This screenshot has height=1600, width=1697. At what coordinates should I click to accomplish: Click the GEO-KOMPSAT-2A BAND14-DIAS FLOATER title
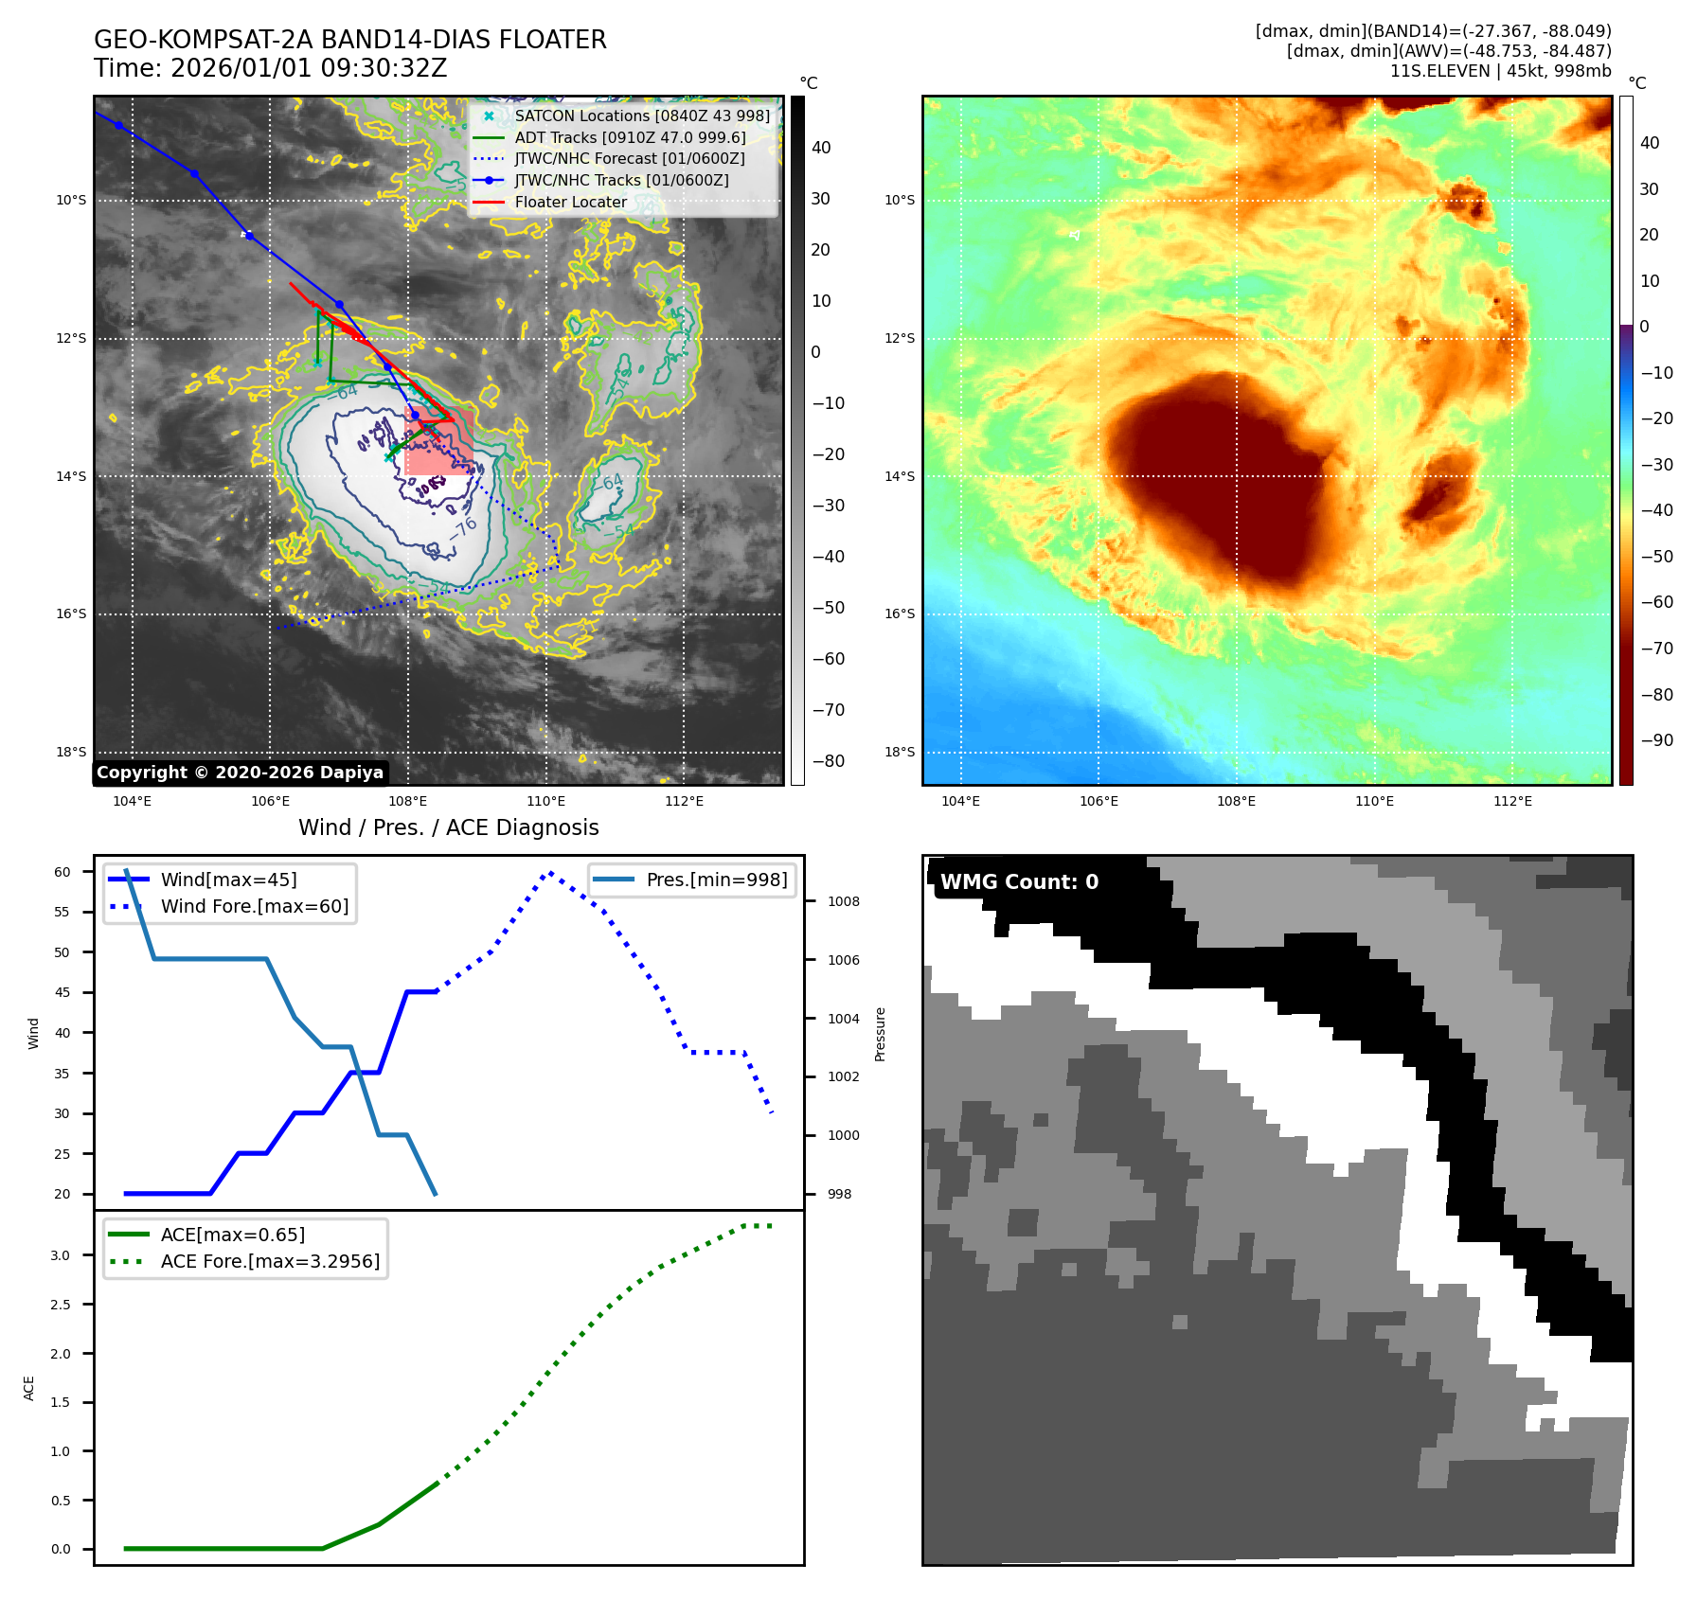349,40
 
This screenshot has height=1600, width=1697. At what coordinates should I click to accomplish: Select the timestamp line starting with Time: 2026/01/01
270,68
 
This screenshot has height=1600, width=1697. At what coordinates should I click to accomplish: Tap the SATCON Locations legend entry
641,116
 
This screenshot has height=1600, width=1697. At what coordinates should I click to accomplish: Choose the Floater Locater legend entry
570,202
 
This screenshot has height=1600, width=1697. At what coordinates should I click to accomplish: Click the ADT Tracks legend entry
630,137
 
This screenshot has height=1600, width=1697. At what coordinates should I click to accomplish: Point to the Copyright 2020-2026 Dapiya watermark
240,773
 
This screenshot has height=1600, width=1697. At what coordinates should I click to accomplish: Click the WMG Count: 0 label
1019,881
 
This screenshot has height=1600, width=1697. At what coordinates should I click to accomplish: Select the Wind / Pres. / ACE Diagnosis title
448,827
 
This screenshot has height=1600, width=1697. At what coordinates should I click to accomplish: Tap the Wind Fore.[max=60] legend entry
254,906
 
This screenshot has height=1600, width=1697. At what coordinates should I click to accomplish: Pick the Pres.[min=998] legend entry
716,880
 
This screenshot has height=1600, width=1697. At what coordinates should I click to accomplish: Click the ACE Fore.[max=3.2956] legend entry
270,1261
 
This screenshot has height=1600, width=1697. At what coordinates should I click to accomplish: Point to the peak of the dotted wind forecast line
550,873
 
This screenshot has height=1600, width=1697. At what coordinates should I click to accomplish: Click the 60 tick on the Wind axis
63,872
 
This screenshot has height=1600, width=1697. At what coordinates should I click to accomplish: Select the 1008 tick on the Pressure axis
843,901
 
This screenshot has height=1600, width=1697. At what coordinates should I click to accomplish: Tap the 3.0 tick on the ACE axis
60,1255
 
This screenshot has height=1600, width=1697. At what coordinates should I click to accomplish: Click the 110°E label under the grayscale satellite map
546,801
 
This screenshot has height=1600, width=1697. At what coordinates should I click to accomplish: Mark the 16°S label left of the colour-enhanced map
900,613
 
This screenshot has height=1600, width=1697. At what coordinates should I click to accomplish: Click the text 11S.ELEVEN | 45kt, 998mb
1500,71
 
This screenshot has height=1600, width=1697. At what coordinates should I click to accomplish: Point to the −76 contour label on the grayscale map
464,527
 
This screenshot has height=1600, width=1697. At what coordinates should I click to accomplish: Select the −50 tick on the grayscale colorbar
828,608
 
